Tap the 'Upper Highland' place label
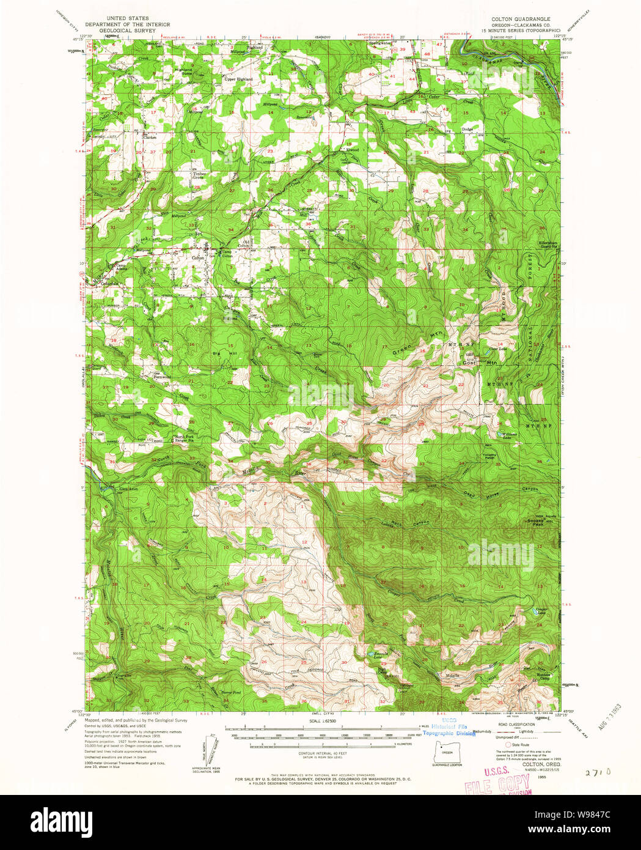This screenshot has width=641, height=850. tap(238, 79)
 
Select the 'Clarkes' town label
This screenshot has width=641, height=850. tap(150, 137)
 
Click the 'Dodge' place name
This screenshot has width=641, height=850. tap(469, 129)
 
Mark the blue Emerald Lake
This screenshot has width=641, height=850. tap(370, 655)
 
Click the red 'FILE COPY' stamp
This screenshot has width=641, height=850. tap(497, 783)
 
